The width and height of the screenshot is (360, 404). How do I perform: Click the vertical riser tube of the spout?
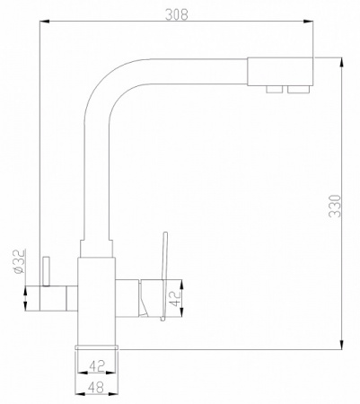96,171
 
